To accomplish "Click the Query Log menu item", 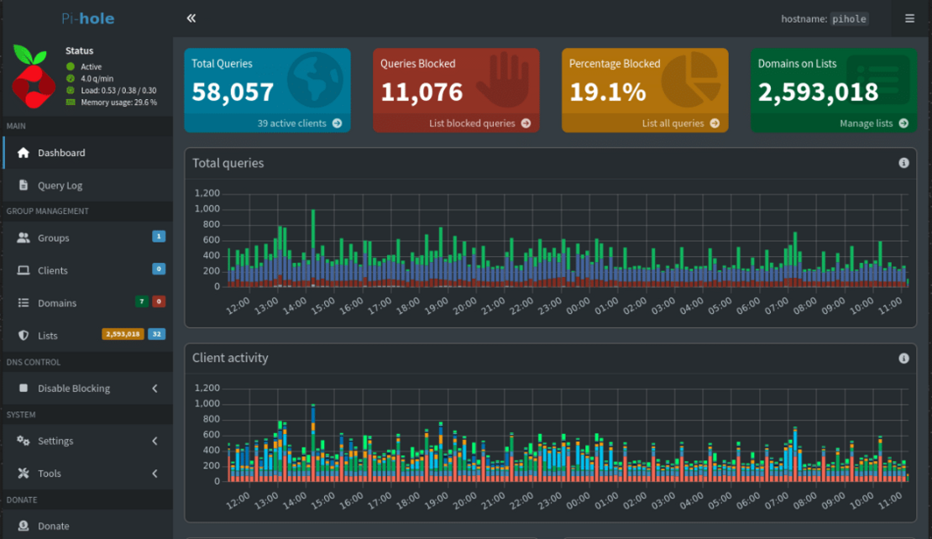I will pyautogui.click(x=60, y=186).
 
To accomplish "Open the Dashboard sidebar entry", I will pyautogui.click(x=60, y=153).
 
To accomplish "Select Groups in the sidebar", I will pyautogui.click(x=53, y=238).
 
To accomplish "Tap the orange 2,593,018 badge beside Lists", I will pyautogui.click(x=123, y=334).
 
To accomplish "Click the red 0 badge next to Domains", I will pyautogui.click(x=159, y=302).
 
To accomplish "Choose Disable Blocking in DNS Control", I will pyautogui.click(x=73, y=389).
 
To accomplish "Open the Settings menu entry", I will pyautogui.click(x=55, y=441).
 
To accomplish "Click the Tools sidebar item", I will pyautogui.click(x=49, y=474).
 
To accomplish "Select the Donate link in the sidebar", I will pyautogui.click(x=53, y=526).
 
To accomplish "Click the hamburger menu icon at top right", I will pyautogui.click(x=910, y=18).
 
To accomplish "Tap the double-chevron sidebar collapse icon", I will pyautogui.click(x=191, y=18).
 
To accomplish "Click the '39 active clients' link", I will pyautogui.click(x=299, y=123).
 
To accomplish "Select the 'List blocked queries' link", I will pyautogui.click(x=479, y=123).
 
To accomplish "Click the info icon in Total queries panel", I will pyautogui.click(x=903, y=163).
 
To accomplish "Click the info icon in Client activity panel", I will pyautogui.click(x=903, y=358).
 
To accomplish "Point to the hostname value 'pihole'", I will pyautogui.click(x=850, y=18).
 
